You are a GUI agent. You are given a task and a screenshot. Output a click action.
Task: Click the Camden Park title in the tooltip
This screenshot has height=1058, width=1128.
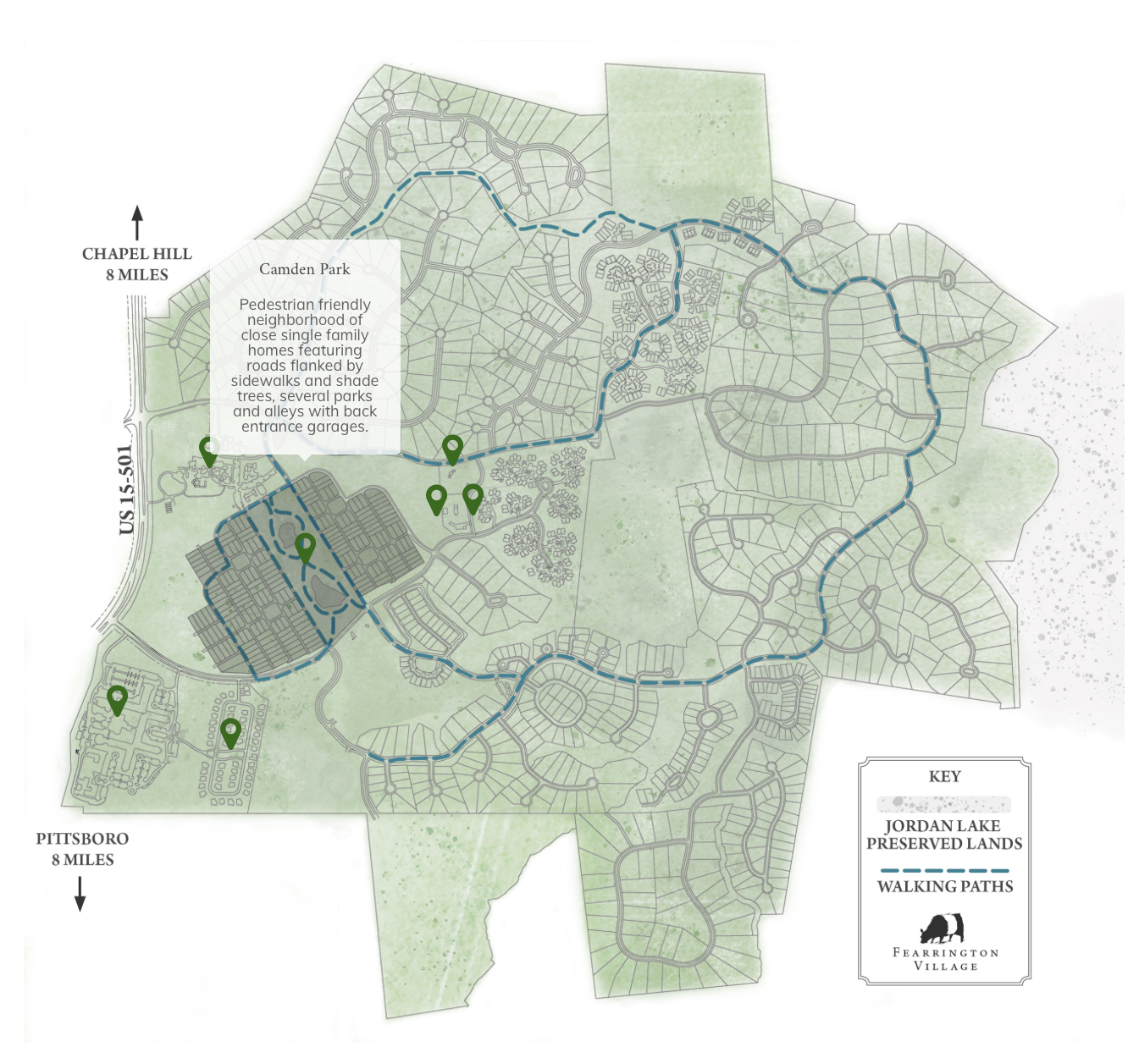coord(304,269)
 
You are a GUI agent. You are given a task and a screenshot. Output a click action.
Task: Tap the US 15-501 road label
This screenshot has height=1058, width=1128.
coord(127,489)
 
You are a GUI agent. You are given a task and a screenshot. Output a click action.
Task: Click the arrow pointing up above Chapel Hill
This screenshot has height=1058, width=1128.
coord(137,223)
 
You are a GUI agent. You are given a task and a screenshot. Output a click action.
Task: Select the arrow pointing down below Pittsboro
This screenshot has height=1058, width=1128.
coord(80,893)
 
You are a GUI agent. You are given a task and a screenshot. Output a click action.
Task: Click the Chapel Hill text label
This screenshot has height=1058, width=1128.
coord(137,254)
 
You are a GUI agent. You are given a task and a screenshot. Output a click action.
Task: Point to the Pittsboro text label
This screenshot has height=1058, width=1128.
coord(82,839)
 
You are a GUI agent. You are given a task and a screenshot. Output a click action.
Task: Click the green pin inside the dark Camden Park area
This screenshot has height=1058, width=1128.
coord(305,547)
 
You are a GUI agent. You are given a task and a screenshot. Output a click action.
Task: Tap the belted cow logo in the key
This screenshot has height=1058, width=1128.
coord(943,929)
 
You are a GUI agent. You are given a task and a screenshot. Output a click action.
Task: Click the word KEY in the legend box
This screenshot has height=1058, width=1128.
coord(945,777)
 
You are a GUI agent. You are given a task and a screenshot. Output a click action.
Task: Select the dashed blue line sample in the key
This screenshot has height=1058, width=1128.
coord(944,870)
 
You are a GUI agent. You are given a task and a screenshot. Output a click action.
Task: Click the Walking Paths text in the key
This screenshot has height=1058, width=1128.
coord(945,887)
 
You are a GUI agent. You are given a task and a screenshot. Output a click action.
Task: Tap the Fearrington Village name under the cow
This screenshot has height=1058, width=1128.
coord(946,959)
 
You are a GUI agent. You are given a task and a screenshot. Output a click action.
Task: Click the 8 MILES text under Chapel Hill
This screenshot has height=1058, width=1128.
coord(137,275)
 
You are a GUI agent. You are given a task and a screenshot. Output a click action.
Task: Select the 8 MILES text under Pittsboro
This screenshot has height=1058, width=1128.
coord(82,860)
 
